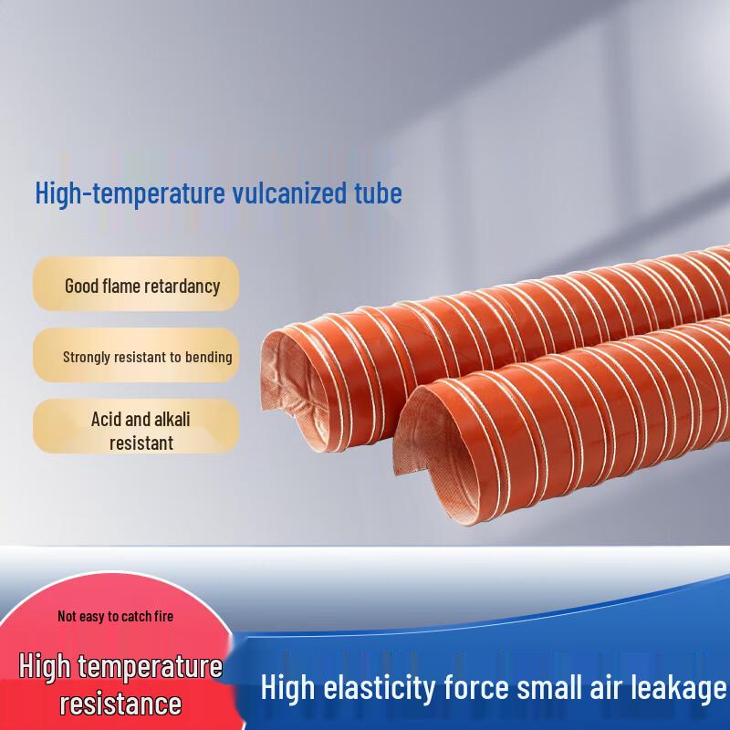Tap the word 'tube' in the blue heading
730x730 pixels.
(x=374, y=193)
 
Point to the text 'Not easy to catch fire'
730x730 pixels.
(x=115, y=616)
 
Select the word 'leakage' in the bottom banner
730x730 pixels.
(x=681, y=687)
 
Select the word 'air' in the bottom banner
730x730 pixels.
(x=610, y=687)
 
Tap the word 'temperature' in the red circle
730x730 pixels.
(x=160, y=667)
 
